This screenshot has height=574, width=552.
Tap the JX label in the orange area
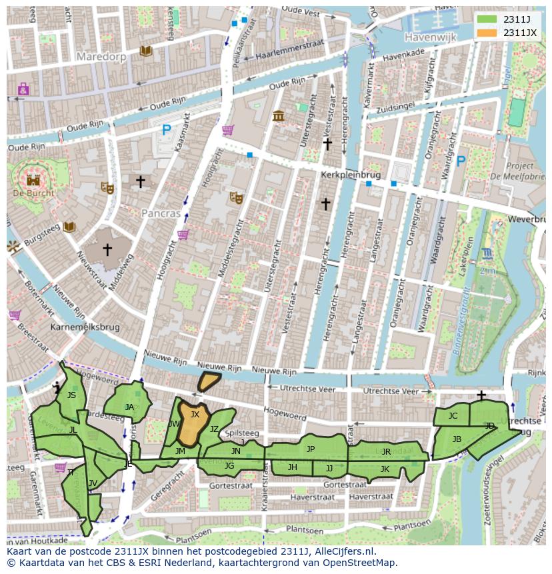(x=195, y=414)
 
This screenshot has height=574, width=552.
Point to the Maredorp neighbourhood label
(x=101, y=57)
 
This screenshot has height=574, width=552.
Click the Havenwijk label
(x=430, y=38)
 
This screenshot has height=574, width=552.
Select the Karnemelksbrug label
(x=85, y=328)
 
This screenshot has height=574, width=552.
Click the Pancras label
(x=161, y=214)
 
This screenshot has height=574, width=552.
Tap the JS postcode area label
(x=71, y=395)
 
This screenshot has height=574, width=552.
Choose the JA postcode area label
(x=129, y=407)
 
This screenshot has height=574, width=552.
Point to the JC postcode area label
(x=453, y=416)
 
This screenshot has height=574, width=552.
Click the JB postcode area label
(x=457, y=439)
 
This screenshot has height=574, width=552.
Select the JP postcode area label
(x=310, y=449)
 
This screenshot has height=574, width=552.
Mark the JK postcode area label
(x=385, y=469)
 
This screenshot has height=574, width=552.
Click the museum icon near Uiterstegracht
(x=279, y=117)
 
